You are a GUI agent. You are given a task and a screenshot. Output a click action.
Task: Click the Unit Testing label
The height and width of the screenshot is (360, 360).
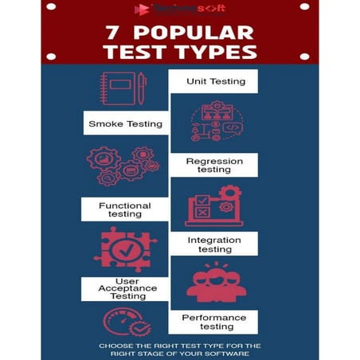(216, 81)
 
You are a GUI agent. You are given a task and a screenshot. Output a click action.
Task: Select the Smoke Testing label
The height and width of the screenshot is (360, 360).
(125, 123)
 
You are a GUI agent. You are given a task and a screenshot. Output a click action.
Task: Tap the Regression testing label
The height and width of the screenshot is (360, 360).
(214, 165)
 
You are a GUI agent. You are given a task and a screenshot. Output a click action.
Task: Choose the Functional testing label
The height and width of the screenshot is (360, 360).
(124, 209)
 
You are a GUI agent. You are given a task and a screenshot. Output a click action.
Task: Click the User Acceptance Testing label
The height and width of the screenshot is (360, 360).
(124, 288)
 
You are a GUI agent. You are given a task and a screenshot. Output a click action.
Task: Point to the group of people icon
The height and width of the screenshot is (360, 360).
(213, 285)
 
